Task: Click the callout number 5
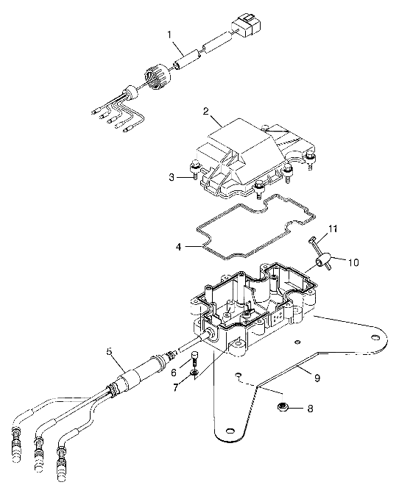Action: [x=109, y=352]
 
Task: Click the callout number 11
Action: [x=333, y=230]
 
